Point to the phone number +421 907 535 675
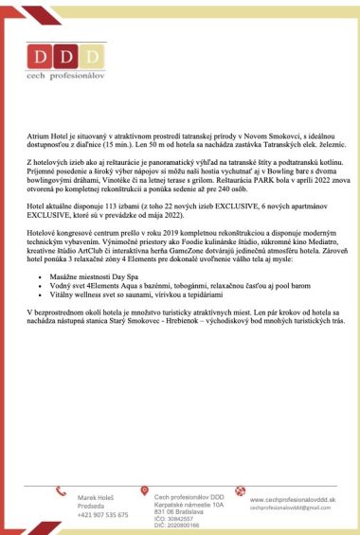pyautogui.click(x=103, y=514)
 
